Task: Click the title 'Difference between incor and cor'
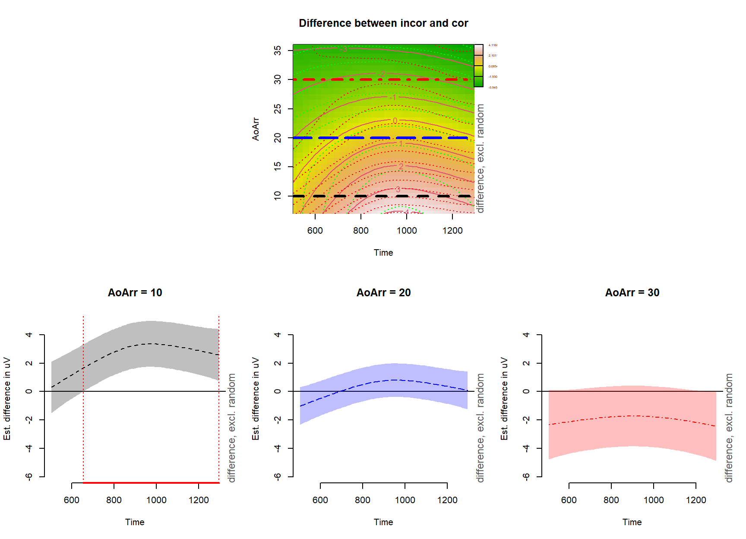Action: (x=383, y=23)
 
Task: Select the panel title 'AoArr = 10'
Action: (x=135, y=293)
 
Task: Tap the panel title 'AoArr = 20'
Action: (x=383, y=293)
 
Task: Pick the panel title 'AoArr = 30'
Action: (x=632, y=293)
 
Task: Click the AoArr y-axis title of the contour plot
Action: (x=256, y=129)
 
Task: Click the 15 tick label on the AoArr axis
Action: (x=278, y=166)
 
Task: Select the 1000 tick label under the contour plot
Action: (x=407, y=231)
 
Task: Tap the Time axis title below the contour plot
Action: (x=383, y=253)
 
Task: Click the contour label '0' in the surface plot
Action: (x=395, y=121)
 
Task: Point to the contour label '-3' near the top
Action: (x=344, y=49)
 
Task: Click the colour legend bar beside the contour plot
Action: (x=478, y=66)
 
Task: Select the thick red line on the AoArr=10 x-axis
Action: (x=151, y=482)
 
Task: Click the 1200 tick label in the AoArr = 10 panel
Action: (x=199, y=500)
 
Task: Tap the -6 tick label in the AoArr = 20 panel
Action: (x=278, y=477)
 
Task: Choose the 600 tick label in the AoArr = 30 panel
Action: (x=569, y=500)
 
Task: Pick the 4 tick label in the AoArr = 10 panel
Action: (x=29, y=335)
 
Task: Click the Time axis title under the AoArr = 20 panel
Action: (x=383, y=522)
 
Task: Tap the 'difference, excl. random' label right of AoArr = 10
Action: (x=232, y=428)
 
